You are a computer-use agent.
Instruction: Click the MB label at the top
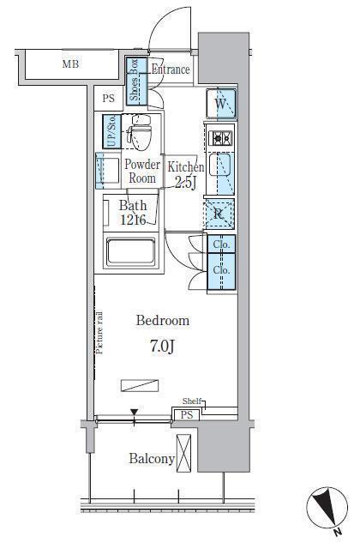(70, 64)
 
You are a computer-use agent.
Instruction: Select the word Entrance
(171, 69)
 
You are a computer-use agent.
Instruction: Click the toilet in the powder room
(139, 132)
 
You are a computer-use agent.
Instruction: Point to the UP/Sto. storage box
(112, 131)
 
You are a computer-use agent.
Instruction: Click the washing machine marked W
(221, 104)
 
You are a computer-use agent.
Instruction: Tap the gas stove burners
(220, 138)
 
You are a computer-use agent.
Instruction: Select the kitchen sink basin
(220, 166)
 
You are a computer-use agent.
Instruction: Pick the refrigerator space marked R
(219, 214)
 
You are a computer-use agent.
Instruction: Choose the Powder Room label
(141, 172)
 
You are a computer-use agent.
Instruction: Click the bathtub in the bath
(131, 251)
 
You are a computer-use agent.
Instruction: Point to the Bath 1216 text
(133, 213)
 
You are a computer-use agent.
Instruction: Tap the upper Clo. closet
(221, 244)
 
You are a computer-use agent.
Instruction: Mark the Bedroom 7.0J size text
(163, 346)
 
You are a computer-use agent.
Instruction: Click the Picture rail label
(99, 332)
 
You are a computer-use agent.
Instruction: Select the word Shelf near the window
(192, 401)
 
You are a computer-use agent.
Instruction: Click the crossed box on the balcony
(183, 453)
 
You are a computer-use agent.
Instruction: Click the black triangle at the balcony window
(135, 412)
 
